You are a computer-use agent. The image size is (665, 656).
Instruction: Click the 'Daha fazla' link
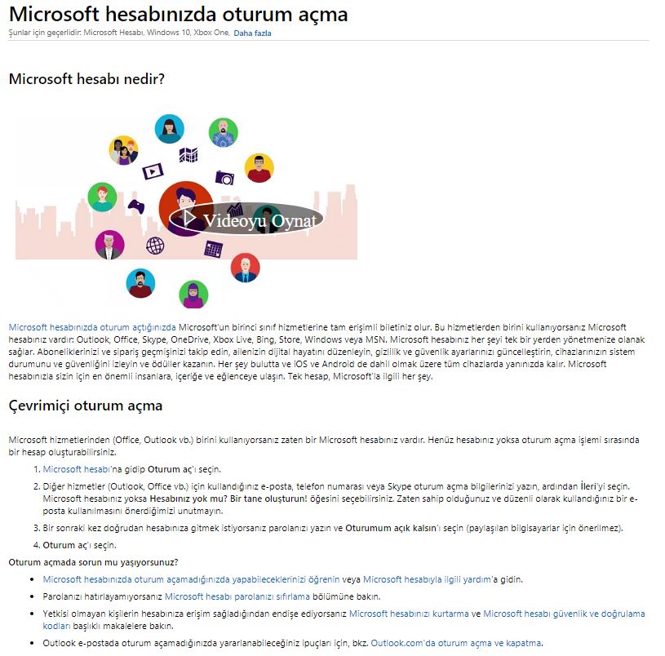(x=252, y=33)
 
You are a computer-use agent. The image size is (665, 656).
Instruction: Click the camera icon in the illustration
(x=224, y=177)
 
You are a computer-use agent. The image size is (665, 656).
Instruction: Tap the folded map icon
(x=188, y=154)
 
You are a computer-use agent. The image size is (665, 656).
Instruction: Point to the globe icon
(x=155, y=244)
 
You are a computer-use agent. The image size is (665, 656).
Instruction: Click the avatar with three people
(x=123, y=150)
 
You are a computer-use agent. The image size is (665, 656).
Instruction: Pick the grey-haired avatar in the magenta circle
(x=109, y=245)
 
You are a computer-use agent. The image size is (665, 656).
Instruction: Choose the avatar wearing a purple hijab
(x=193, y=294)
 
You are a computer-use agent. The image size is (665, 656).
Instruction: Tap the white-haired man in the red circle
(x=245, y=267)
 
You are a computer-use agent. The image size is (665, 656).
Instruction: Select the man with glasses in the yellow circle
(x=259, y=168)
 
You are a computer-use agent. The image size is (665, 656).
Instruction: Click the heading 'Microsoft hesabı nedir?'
(x=86, y=79)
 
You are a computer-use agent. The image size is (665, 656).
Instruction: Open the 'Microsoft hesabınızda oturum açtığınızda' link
(x=92, y=327)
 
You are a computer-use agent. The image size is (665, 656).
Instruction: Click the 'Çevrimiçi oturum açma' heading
(x=85, y=406)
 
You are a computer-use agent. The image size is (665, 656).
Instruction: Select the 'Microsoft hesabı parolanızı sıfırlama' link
(x=233, y=596)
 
